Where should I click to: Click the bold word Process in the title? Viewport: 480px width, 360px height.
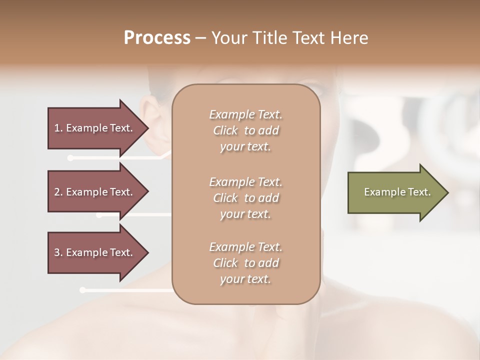[157, 37]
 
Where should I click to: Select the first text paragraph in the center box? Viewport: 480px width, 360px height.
[245, 130]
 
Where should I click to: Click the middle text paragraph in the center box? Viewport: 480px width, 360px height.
[245, 198]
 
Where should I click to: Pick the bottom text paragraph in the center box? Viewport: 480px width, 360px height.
[245, 263]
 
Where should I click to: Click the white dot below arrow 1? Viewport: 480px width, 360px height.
[70, 158]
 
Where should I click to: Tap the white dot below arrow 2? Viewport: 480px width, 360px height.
[99, 215]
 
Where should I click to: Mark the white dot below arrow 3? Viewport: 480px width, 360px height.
[82, 290]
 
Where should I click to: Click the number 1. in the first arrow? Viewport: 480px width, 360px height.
[58, 128]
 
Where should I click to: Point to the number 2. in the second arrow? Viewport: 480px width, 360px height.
[58, 192]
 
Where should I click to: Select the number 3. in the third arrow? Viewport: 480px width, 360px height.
[58, 252]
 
